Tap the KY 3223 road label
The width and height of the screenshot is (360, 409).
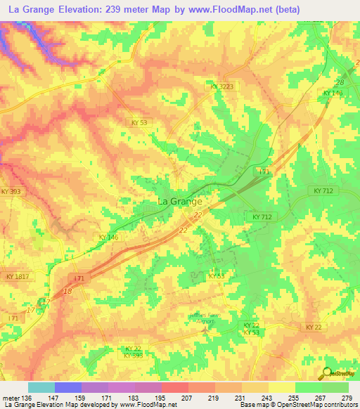pyautogui.click(x=222, y=86)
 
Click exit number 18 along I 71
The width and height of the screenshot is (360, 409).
pyautogui.click(x=67, y=290)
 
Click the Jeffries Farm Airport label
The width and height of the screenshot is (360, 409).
pyautogui.click(x=205, y=318)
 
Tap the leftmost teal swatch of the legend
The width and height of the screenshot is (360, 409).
pyautogui.click(x=41, y=387)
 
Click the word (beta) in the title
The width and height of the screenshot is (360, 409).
pyautogui.click(x=287, y=10)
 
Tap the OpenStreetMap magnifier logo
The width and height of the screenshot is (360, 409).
pyautogui.click(x=326, y=374)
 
